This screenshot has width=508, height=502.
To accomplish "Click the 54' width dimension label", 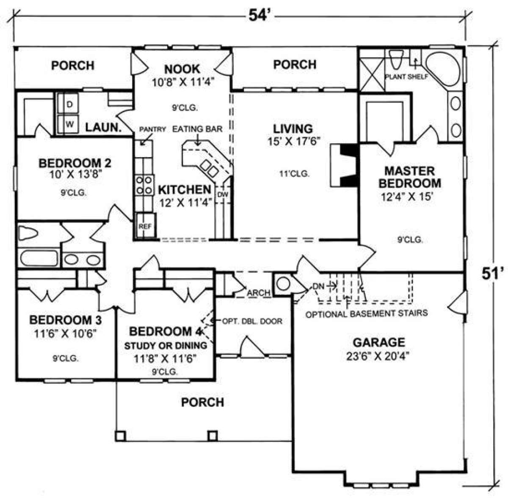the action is point(259,15).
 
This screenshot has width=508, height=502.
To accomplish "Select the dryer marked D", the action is point(68,104).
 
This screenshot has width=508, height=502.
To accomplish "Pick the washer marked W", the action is point(68,124).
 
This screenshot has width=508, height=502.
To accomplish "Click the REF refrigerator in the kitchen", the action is point(146,226).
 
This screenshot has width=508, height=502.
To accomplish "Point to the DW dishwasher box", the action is point(223,194).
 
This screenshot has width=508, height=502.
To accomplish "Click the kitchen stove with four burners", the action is point(144,185).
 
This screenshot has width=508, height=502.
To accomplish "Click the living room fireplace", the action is point(344,165).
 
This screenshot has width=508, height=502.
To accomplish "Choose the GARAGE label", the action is point(379,342).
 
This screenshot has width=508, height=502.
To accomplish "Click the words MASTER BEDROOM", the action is point(410,177).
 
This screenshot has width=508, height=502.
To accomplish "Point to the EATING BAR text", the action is point(197,129).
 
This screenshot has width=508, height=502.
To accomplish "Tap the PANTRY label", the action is point(152,129).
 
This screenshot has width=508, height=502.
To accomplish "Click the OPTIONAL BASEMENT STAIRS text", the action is point(367,313).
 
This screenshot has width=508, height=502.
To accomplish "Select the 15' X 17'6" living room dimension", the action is point(294,141).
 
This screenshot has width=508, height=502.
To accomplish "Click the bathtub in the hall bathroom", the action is point(39,258).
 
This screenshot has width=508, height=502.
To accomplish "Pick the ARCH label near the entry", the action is point(259,293).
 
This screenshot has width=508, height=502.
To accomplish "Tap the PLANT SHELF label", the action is point(406,77).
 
